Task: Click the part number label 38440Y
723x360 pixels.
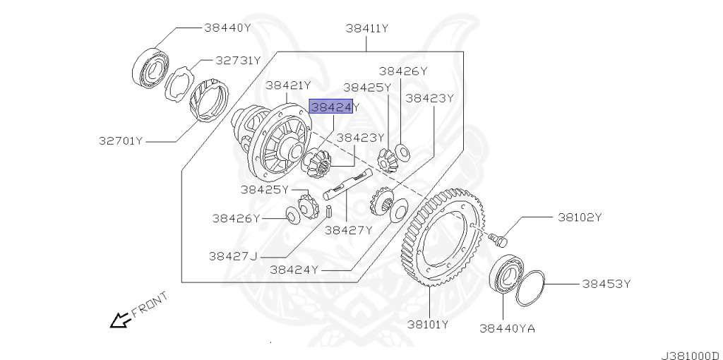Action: point(227,28)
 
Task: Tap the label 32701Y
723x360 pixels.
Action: point(121,140)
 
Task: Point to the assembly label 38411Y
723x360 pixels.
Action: point(367,28)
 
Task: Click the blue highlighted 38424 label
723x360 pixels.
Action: point(331,107)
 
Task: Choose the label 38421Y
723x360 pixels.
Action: point(289,85)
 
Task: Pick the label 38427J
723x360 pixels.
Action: point(233,255)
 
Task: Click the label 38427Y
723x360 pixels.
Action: point(348,229)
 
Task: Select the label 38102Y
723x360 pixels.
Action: point(580,217)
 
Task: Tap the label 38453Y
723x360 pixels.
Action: point(606,284)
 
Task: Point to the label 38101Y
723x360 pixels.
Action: point(428,325)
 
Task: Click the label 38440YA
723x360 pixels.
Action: point(507,328)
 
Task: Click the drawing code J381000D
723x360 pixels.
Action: point(690,354)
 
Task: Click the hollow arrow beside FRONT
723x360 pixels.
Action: point(118,320)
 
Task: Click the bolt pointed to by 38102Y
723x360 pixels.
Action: point(501,240)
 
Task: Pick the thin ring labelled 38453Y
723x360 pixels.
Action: point(530,288)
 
